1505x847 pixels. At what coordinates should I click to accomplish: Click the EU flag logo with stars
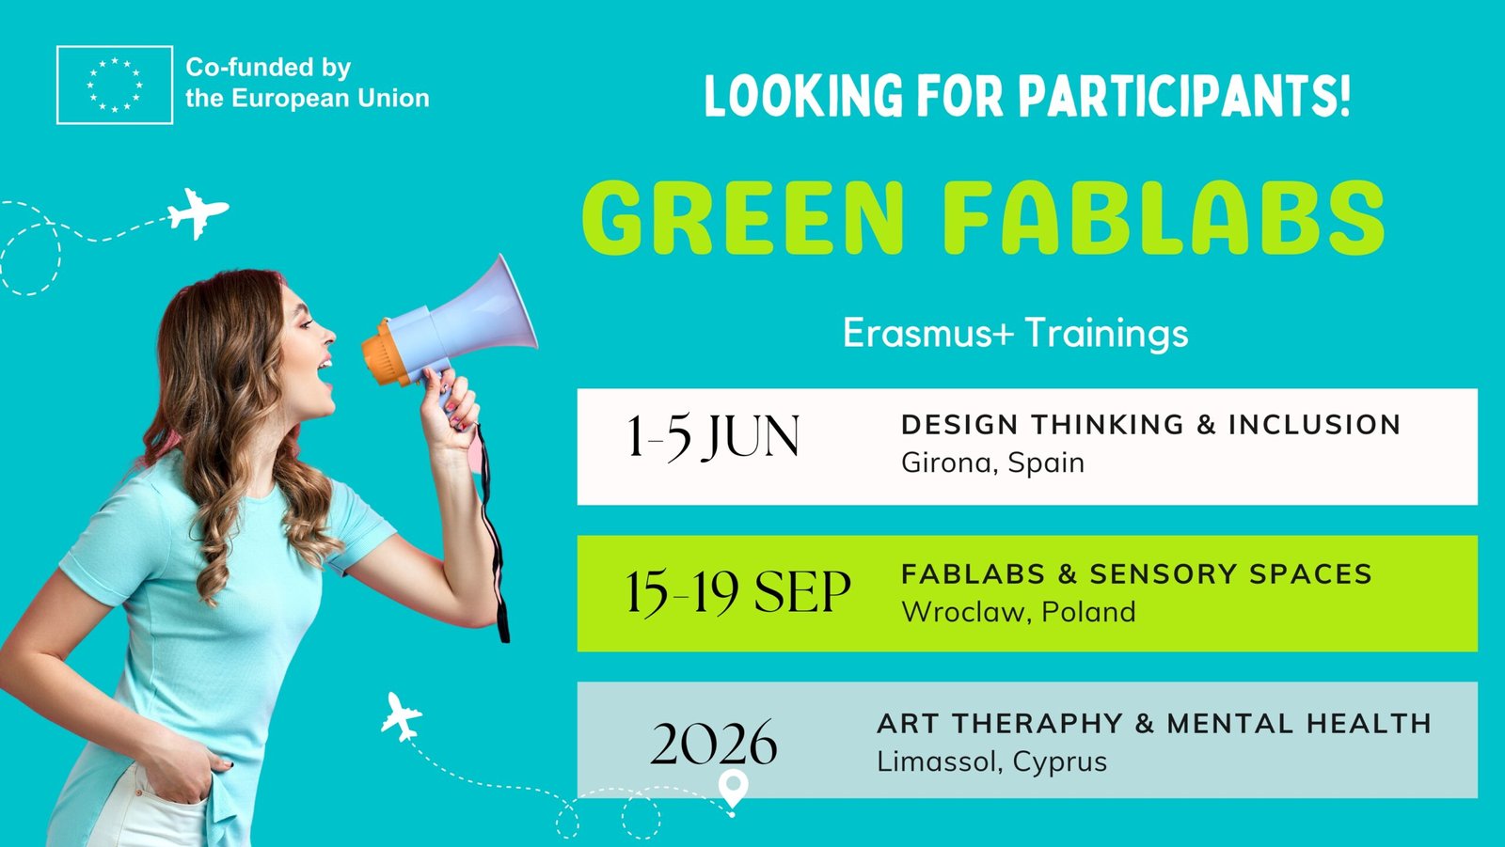click(115, 85)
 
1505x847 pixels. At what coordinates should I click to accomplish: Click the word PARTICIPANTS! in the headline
click(1184, 96)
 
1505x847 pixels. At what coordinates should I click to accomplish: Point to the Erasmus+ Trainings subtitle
click(1015, 333)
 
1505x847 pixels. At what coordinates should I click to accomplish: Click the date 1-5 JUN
click(713, 437)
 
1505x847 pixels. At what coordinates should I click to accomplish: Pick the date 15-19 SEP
click(738, 591)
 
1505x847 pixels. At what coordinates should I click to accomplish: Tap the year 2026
click(714, 743)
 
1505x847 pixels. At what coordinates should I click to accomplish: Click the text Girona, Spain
click(992, 463)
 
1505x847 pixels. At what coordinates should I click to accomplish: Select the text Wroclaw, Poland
click(1019, 612)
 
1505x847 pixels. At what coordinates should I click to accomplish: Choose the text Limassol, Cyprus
click(991, 761)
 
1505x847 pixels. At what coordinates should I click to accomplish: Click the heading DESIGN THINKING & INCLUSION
click(1151, 425)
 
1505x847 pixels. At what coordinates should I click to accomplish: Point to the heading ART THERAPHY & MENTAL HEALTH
click(1154, 724)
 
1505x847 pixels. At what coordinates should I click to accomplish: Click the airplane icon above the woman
click(198, 213)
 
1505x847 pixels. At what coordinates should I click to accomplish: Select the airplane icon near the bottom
click(401, 716)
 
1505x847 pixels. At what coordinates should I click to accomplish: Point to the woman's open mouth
click(325, 373)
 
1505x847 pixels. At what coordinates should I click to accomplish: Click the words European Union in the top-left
click(330, 99)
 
